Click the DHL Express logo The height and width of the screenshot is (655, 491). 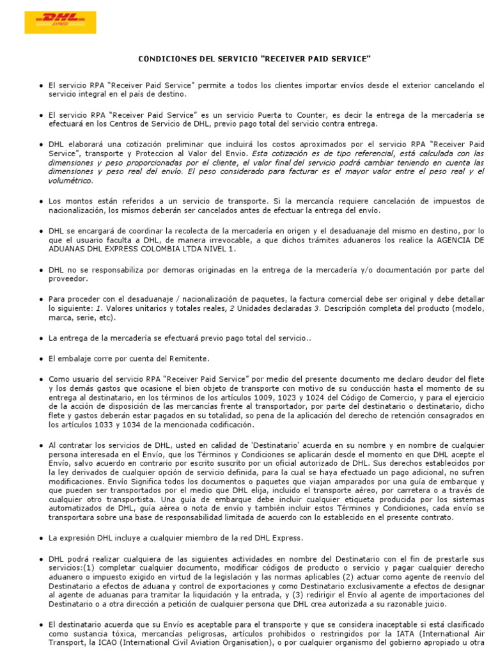(x=60, y=22)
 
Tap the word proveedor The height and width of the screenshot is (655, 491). (x=68, y=278)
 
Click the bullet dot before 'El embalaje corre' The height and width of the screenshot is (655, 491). (x=42, y=359)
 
